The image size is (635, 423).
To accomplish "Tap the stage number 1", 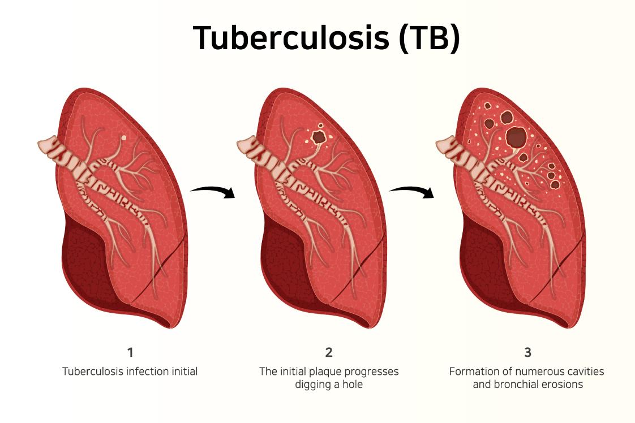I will (130, 353).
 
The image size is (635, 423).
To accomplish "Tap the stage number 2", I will (329, 353).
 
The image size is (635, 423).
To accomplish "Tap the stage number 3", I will (527, 353).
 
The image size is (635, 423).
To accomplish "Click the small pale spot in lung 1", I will (124, 137).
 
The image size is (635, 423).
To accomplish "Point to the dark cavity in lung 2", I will (319, 136).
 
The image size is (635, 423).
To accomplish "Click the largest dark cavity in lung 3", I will (516, 137).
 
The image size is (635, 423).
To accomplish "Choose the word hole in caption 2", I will (351, 385).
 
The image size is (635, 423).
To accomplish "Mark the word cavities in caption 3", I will (584, 372).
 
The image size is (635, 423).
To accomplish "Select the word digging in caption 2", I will (311, 385).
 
